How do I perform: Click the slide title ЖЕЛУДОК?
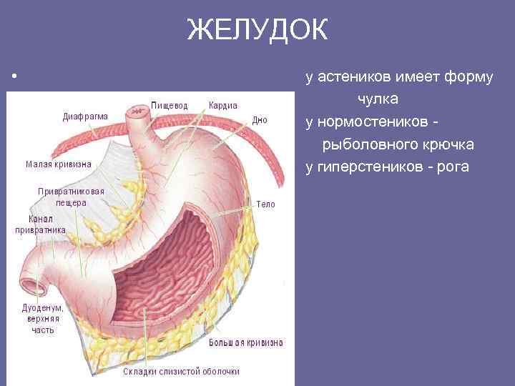click(257, 31)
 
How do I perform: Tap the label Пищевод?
click(169, 105)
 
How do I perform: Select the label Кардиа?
click(223, 105)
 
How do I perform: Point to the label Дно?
click(260, 120)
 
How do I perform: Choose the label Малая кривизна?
click(59, 164)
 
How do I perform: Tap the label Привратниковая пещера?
click(72, 197)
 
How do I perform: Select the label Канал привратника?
click(41, 224)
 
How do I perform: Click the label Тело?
click(265, 204)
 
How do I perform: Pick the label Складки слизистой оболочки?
click(181, 371)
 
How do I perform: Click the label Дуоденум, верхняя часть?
click(42, 319)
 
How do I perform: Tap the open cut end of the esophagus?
click(137, 109)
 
